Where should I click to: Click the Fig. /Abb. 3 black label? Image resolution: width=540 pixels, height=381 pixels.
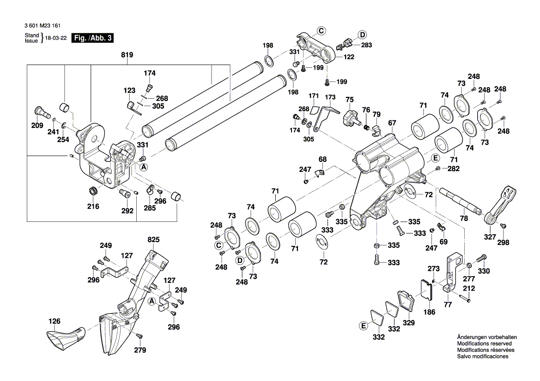(92, 38)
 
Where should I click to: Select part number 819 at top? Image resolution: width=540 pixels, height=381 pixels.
(127, 55)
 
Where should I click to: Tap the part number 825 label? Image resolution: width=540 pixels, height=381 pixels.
(153, 240)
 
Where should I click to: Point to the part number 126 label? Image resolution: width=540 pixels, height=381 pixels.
(55, 321)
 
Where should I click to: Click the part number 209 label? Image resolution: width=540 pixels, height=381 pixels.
(37, 126)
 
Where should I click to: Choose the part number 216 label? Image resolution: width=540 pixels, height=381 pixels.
(93, 206)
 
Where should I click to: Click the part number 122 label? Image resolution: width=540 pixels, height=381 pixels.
(349, 57)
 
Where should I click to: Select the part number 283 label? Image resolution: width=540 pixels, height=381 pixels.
(366, 45)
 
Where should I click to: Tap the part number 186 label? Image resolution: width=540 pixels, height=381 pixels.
(429, 312)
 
